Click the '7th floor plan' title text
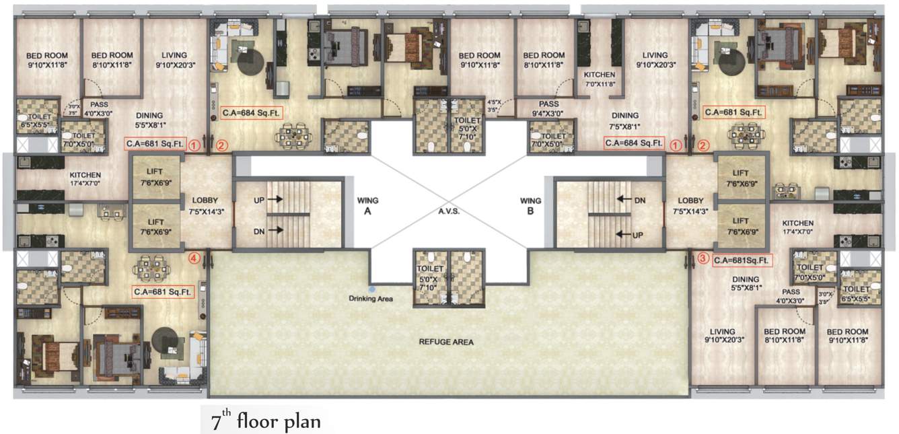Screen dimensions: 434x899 pyautogui.click(x=266, y=422)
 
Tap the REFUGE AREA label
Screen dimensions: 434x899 pyautogui.click(x=445, y=342)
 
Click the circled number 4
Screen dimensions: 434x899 pyautogui.click(x=194, y=256)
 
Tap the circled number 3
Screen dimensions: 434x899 pyautogui.click(x=703, y=257)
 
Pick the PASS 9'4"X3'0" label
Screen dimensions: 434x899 pyautogui.click(x=550, y=108)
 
